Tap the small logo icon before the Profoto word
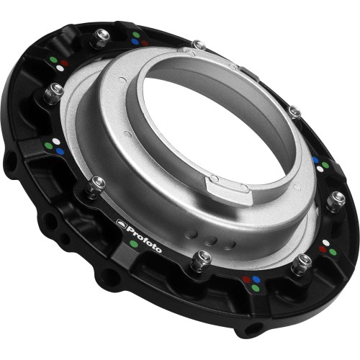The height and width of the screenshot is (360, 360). (121, 225)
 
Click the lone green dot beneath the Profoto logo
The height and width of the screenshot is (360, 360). (134, 244)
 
